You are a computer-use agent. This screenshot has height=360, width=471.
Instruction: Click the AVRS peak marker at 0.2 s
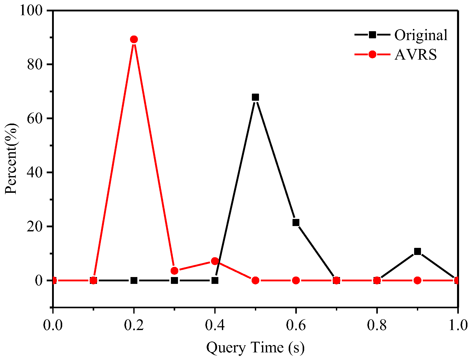tap(134, 39)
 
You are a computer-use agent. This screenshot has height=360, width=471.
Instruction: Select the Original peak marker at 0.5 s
tap(255, 97)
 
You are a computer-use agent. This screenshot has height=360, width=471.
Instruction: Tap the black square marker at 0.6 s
tap(296, 222)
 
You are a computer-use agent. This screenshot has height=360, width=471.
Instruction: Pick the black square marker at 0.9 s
tap(417, 251)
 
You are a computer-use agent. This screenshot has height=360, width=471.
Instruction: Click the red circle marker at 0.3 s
tap(174, 271)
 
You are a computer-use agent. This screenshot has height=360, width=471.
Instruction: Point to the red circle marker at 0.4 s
tap(215, 261)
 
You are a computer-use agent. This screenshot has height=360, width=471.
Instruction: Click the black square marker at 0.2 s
tap(134, 280)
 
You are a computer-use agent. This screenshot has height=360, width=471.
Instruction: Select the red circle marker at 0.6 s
tap(296, 280)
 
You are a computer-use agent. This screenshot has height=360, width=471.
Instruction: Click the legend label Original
tap(421, 35)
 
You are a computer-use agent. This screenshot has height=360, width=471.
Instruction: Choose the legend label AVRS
tap(416, 54)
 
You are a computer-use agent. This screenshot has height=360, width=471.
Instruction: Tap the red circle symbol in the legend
tap(372, 54)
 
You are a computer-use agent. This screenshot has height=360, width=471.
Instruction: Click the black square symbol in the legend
tap(372, 35)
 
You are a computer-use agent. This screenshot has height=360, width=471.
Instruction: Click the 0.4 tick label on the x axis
tap(215, 325)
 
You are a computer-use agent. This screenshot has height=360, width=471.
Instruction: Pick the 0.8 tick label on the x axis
tap(377, 325)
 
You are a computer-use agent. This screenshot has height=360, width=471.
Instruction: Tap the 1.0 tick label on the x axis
tap(458, 325)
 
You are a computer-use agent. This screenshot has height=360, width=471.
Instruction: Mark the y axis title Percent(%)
tap(11, 159)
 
